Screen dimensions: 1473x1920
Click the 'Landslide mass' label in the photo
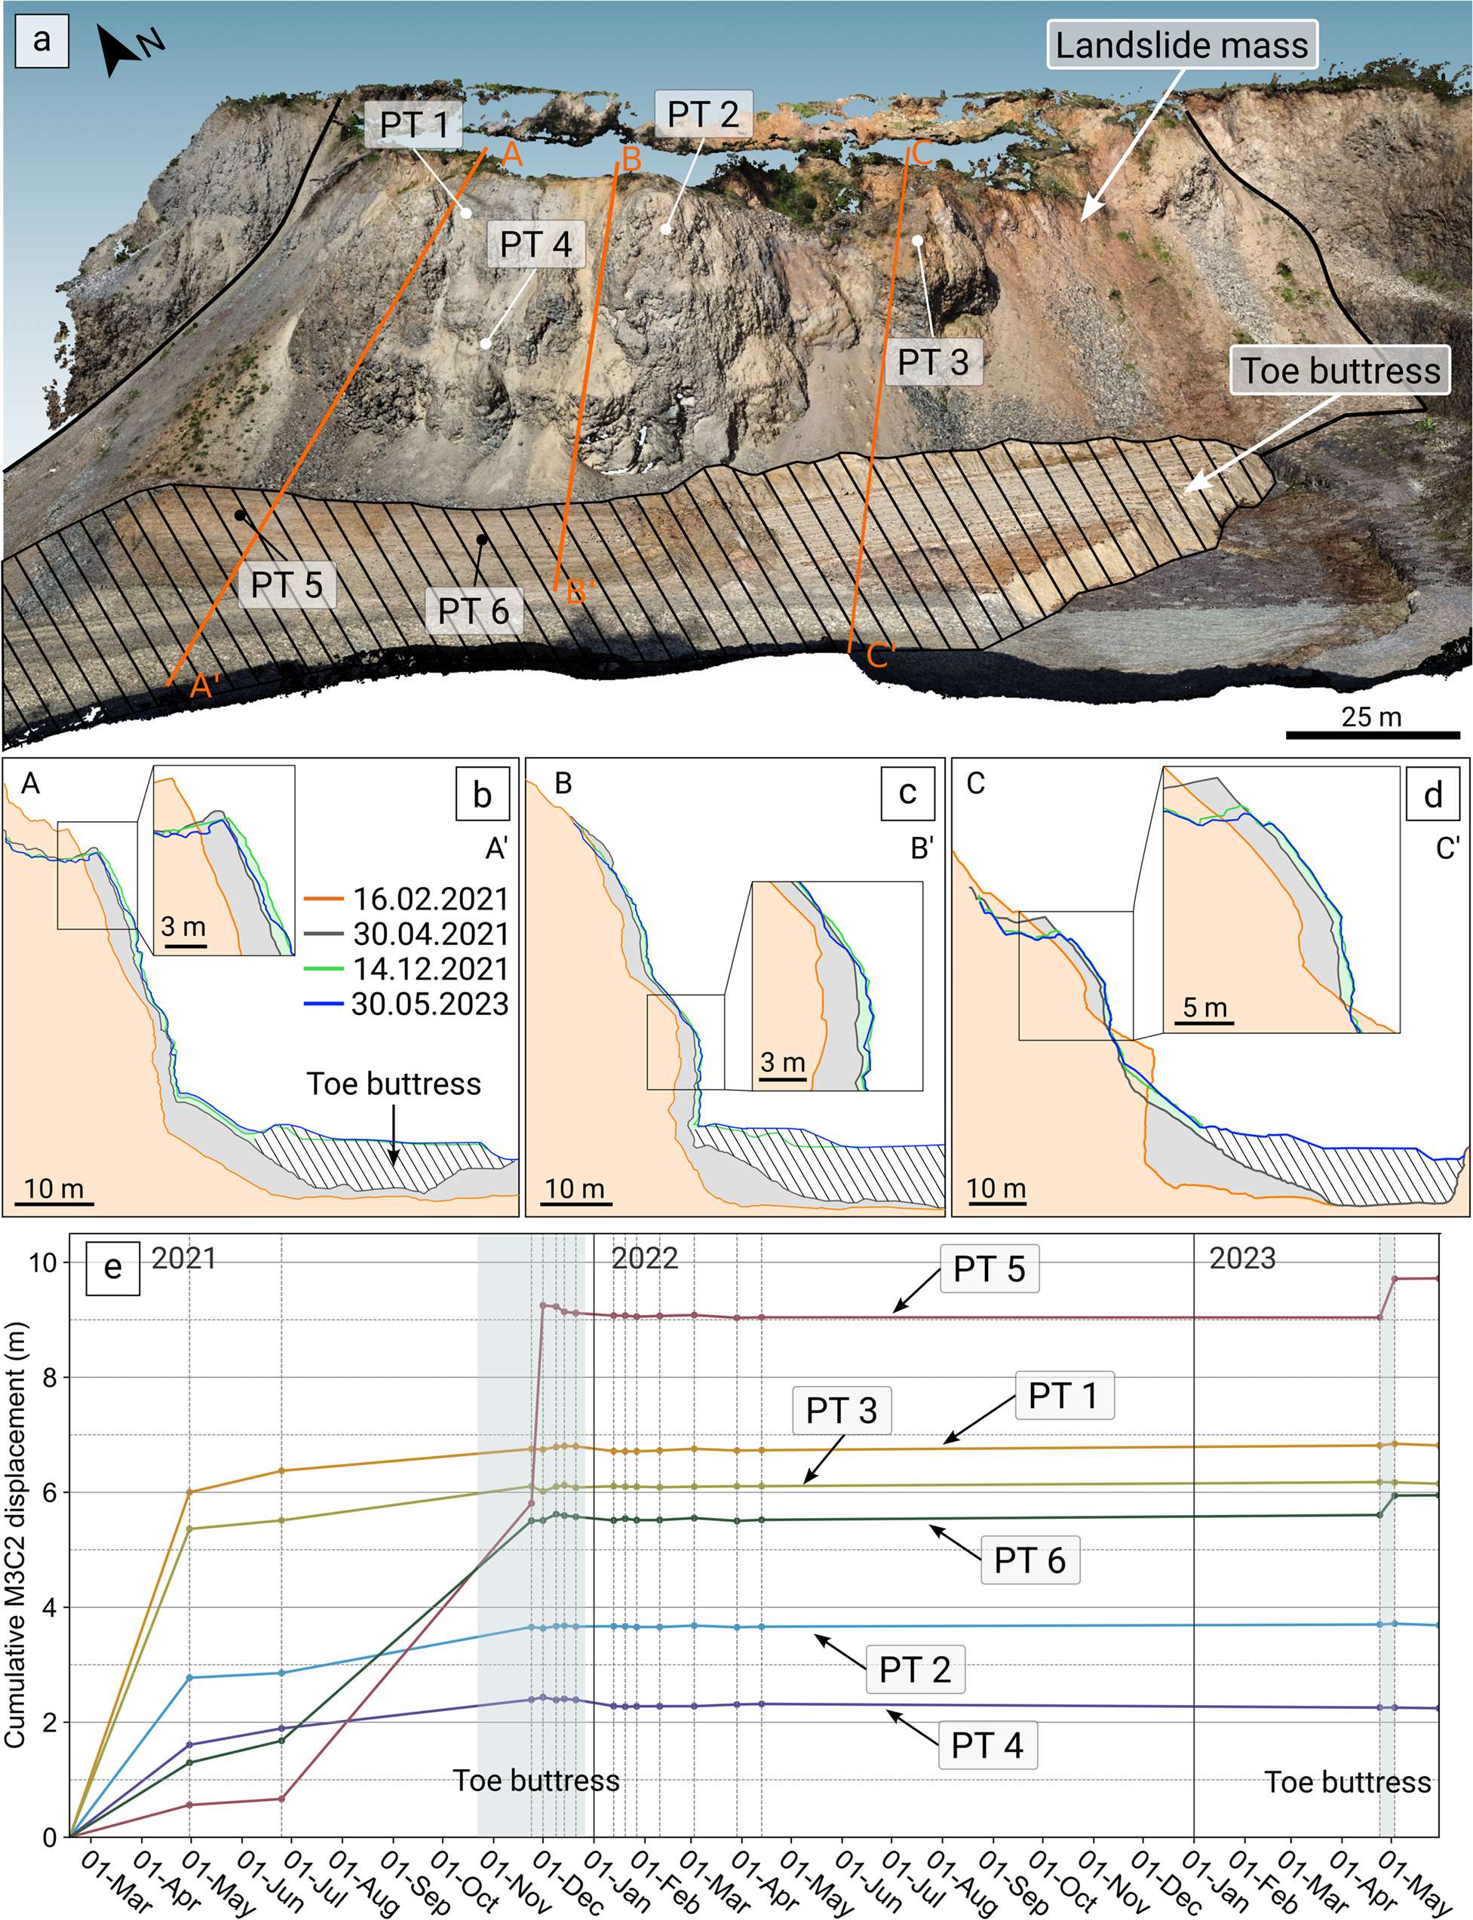click(x=1181, y=44)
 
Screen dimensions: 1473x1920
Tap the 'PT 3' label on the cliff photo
click(x=933, y=361)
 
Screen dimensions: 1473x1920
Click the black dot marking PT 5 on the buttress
click(x=239, y=516)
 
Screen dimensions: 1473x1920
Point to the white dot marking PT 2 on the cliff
click(x=665, y=230)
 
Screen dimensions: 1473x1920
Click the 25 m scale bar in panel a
click(x=1372, y=734)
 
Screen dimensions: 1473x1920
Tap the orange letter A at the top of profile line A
click(x=512, y=155)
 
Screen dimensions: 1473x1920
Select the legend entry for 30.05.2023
click(x=407, y=1004)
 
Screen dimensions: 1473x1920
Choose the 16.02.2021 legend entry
click(x=407, y=899)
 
